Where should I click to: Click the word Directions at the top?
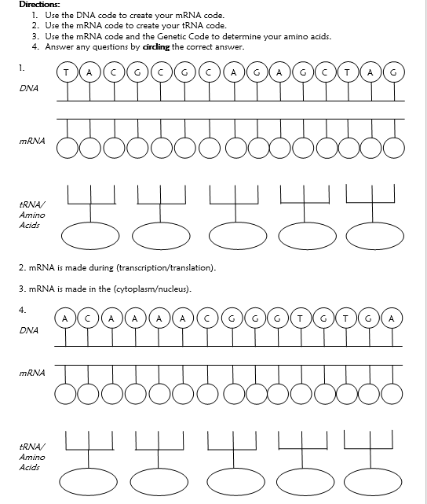pos(37,5)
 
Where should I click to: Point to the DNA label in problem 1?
pos(29,89)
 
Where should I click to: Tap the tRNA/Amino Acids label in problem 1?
pos(32,215)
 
